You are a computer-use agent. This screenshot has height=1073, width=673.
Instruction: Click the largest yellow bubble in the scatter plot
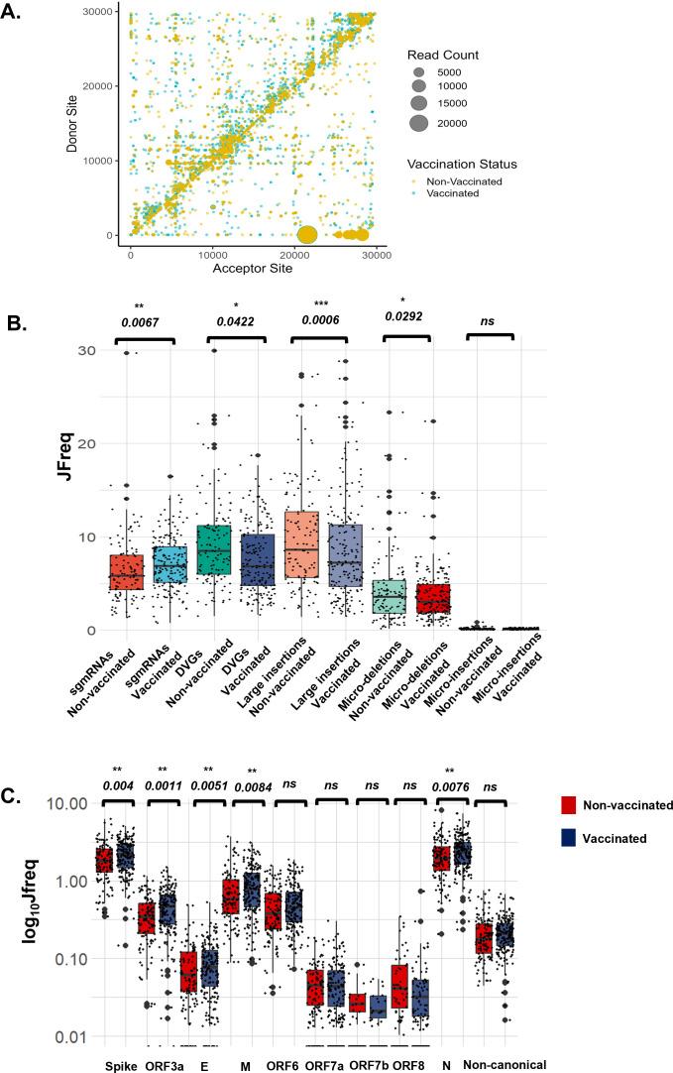coord(307,235)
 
